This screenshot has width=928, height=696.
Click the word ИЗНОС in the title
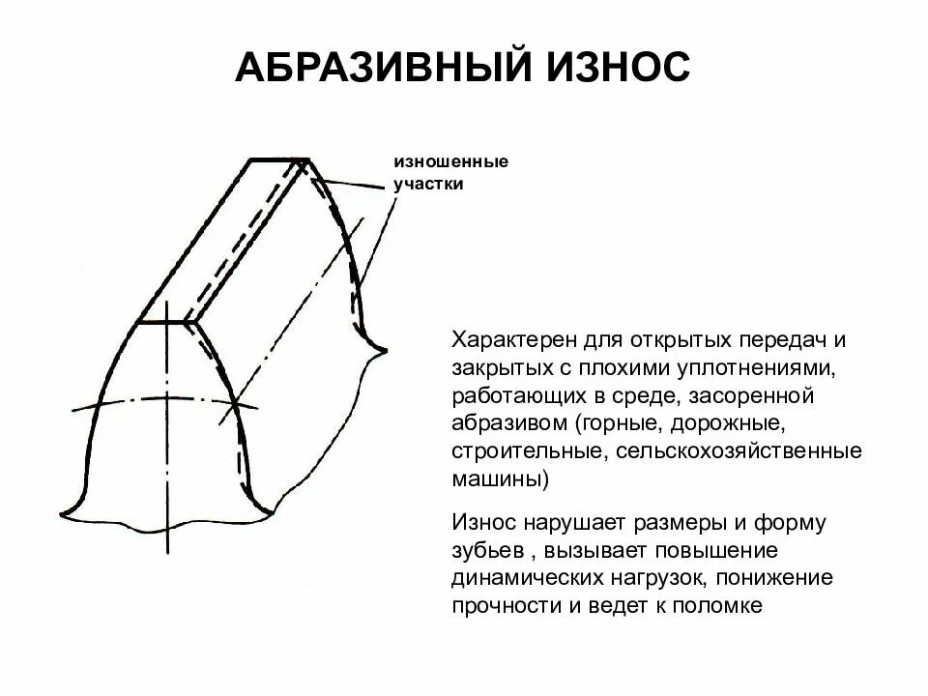609,69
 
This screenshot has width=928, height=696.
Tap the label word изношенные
449,161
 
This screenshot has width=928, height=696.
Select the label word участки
428,183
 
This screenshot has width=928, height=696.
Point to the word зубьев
486,552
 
